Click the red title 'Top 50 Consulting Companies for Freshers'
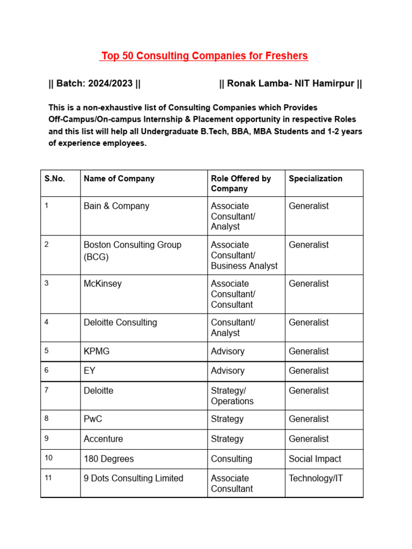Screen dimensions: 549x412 point(205,56)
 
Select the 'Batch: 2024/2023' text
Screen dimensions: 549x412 point(94,84)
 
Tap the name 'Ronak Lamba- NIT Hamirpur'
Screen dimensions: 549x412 point(290,84)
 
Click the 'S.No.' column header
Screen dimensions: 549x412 point(55,179)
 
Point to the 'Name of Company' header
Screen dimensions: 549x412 point(119,179)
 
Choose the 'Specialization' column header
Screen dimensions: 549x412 point(315,179)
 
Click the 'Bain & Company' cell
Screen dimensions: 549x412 point(116,206)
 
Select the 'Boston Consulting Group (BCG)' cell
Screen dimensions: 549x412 point(133,250)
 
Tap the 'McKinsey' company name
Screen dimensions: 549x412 point(102,284)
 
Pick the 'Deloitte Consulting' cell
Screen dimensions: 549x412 point(120,322)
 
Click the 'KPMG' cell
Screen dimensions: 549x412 point(97,351)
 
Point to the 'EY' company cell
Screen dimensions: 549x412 point(90,370)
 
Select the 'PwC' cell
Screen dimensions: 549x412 point(93,419)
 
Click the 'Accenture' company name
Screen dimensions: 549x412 point(103,439)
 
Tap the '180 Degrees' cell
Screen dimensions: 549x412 point(109,459)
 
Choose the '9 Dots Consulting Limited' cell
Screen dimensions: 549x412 point(134,478)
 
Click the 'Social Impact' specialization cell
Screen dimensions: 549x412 point(315,459)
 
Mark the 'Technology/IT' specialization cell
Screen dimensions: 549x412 point(316,478)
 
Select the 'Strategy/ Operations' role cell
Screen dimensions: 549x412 point(232,396)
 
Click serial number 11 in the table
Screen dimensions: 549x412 point(48,478)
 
